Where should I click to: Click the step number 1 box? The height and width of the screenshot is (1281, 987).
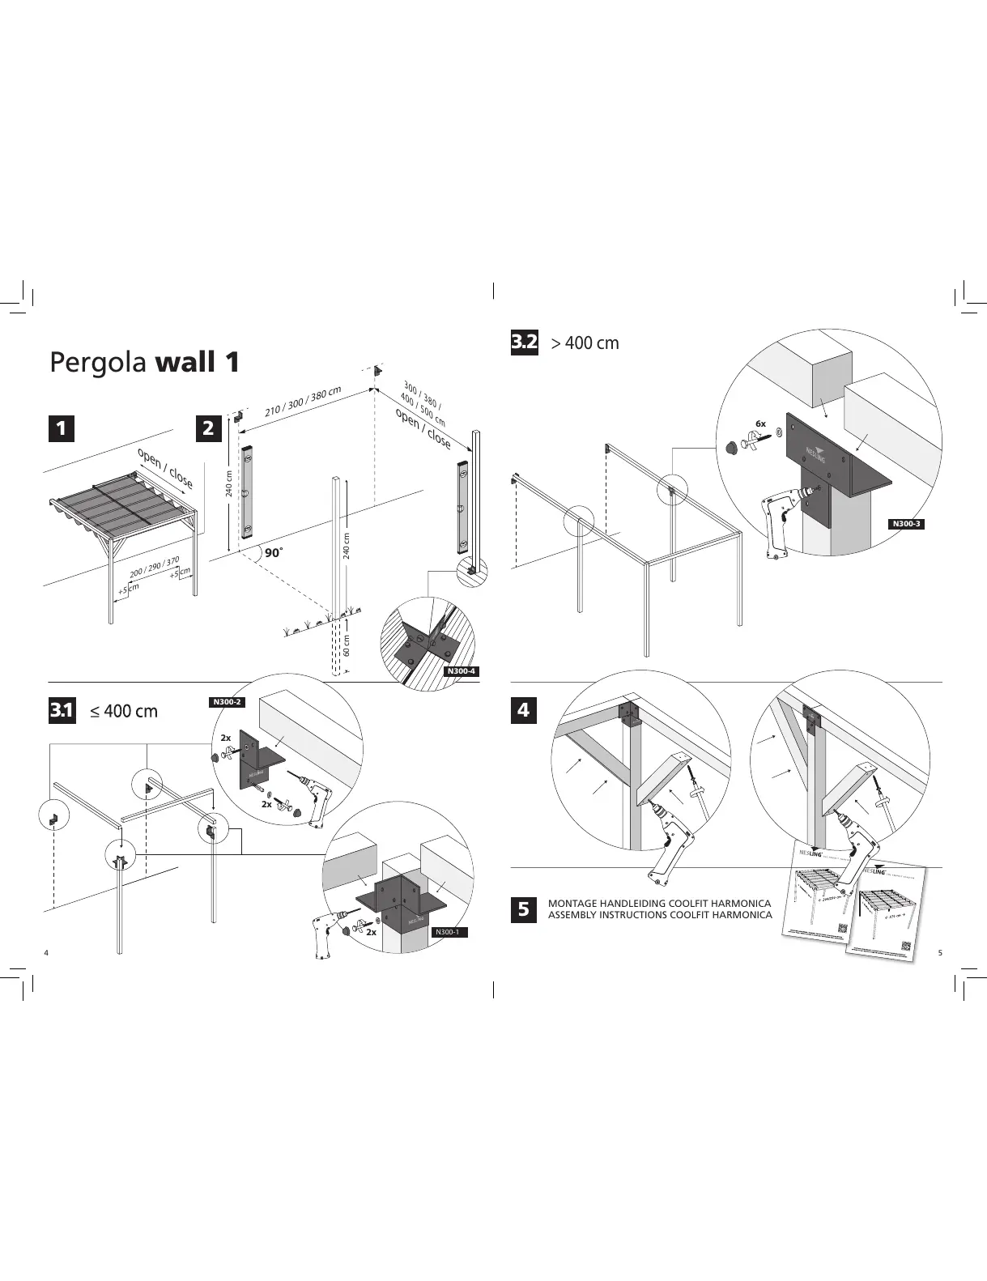click(61, 428)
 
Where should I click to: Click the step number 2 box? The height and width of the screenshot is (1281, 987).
click(209, 428)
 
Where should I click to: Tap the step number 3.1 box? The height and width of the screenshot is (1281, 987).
click(62, 711)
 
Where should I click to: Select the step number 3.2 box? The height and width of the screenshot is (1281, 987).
click(524, 343)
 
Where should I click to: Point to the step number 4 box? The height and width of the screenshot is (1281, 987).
click(523, 710)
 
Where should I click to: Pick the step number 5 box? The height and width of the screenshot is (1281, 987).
click(523, 909)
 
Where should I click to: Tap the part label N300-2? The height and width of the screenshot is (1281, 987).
click(227, 702)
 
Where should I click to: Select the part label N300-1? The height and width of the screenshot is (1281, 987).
click(448, 932)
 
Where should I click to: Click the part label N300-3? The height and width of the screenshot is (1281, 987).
click(906, 524)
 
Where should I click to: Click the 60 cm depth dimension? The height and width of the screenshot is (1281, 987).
click(347, 645)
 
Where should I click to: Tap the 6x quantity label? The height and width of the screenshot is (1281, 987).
click(760, 423)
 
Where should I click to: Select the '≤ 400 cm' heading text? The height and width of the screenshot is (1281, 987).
click(124, 712)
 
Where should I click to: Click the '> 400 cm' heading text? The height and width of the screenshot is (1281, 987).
click(585, 343)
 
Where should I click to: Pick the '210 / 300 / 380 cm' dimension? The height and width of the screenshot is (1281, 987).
click(303, 402)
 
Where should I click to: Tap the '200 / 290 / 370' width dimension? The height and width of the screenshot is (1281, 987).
click(154, 567)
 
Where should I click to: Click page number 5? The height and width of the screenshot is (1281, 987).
click(940, 952)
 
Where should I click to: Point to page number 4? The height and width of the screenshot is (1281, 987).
click(46, 952)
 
